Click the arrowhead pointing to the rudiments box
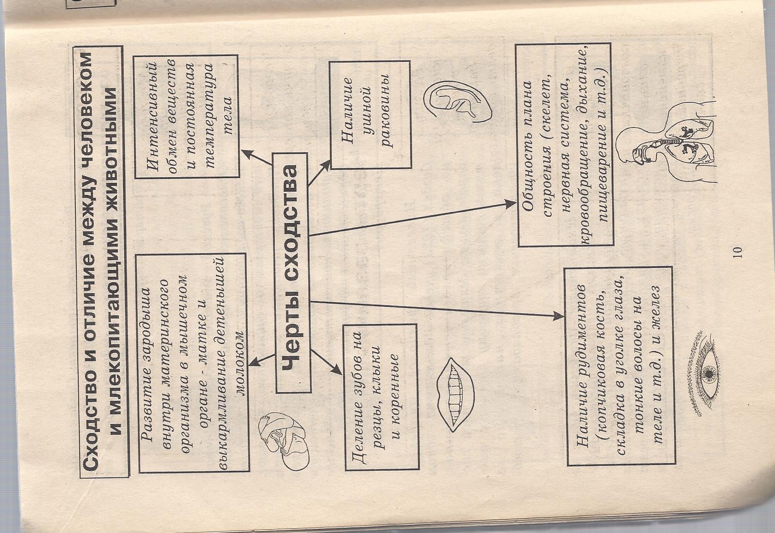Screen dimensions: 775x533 tap(558, 315)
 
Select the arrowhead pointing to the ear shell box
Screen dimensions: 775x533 tap(327, 164)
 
